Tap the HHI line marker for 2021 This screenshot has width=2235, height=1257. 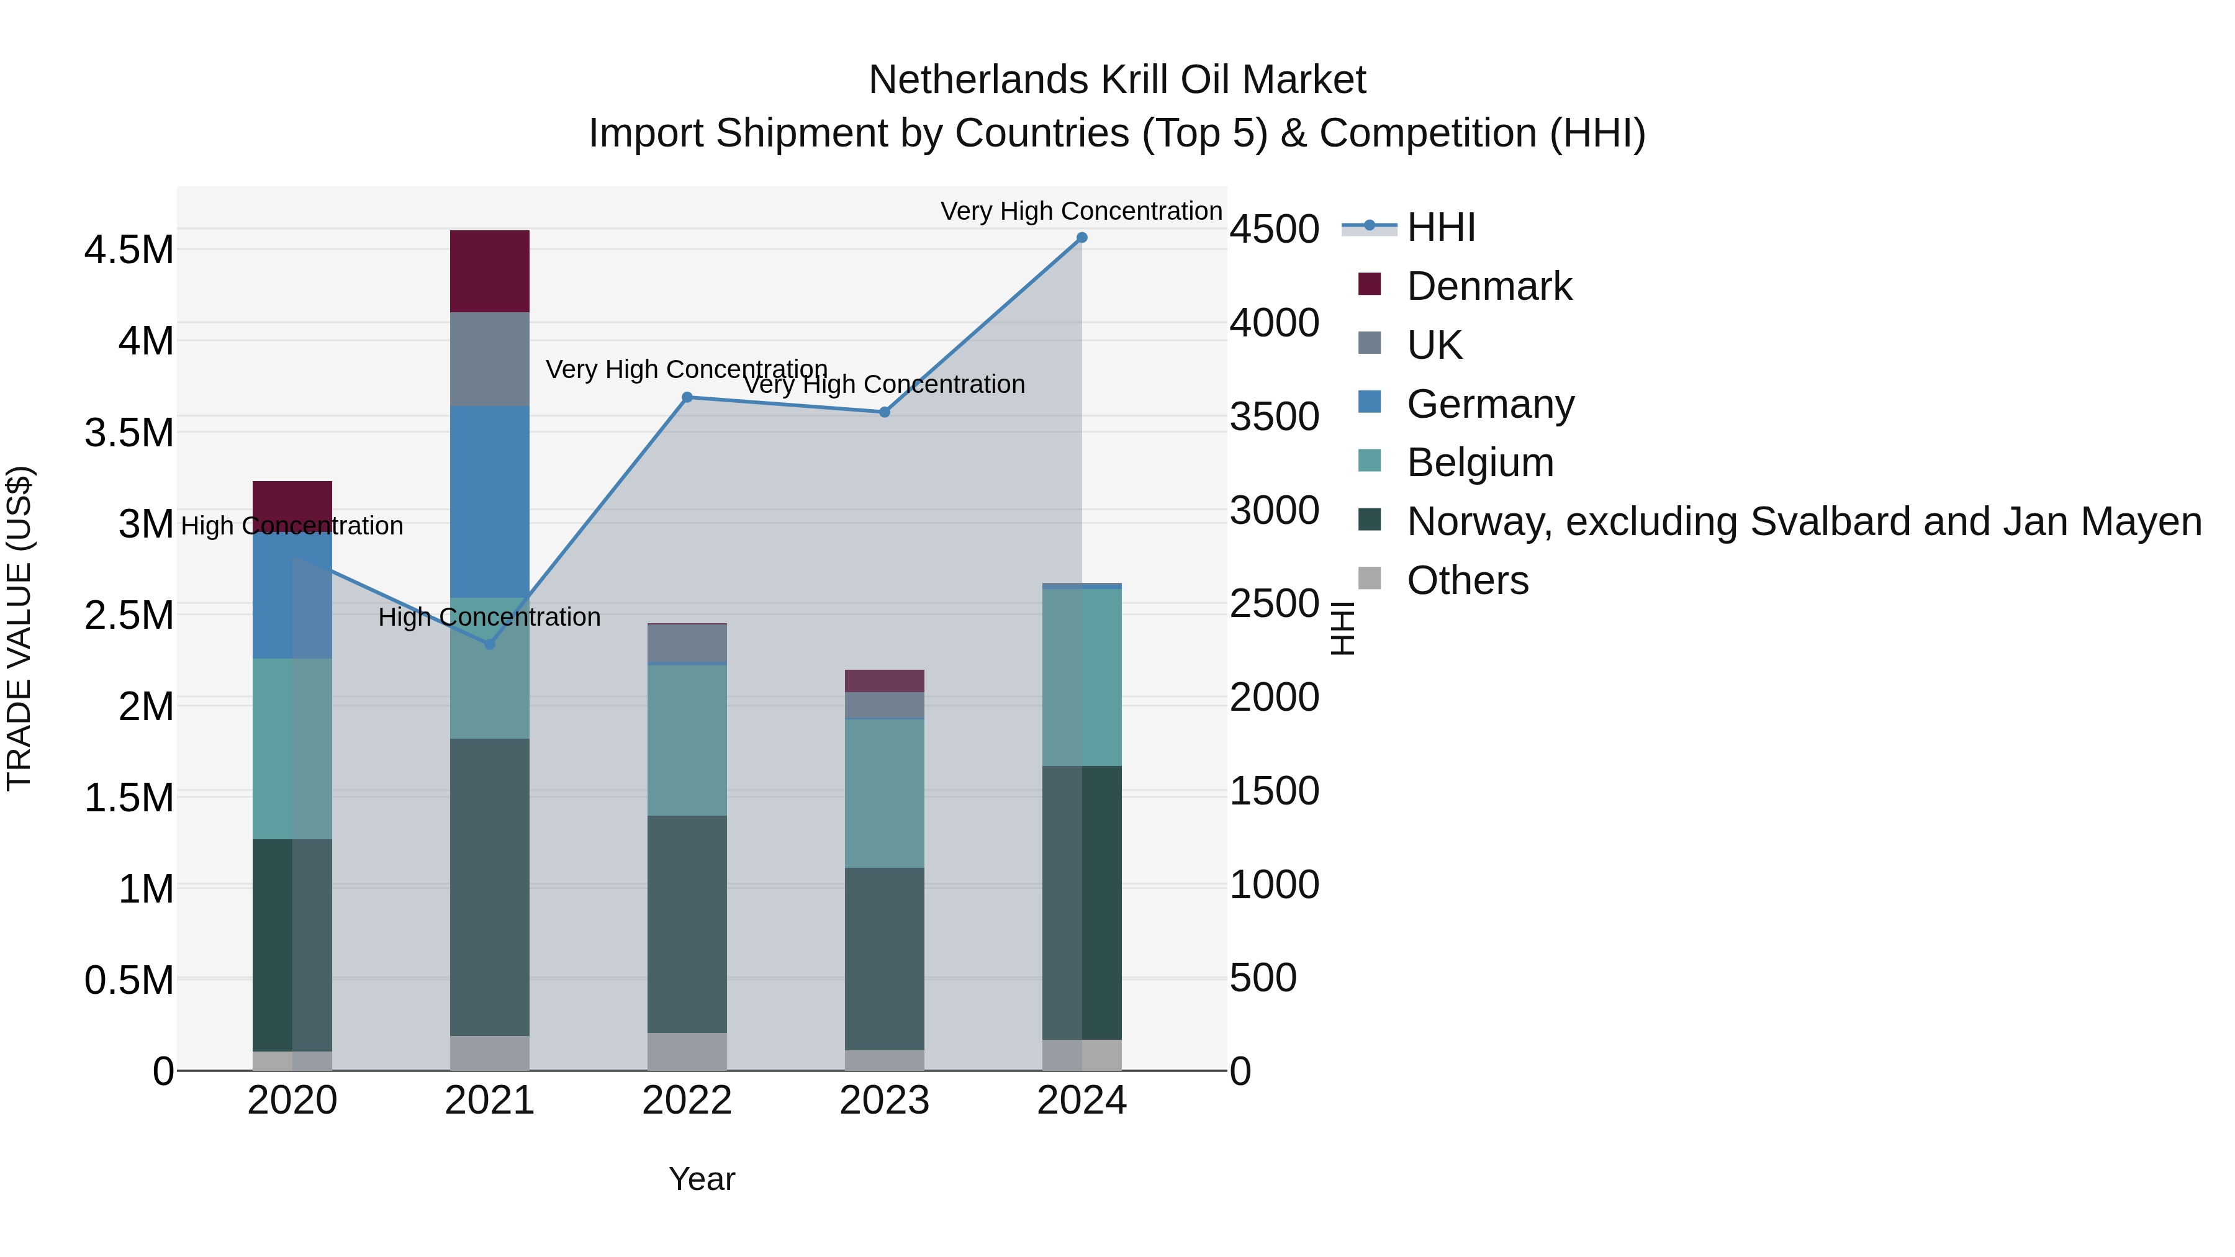[489, 644]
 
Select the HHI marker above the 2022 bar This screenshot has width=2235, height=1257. [687, 397]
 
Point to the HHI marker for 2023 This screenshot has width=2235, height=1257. [884, 412]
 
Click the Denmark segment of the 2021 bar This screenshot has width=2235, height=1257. [489, 271]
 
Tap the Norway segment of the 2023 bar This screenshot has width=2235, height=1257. [884, 958]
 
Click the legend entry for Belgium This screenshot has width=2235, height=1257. [1479, 462]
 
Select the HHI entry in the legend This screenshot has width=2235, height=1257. [1440, 227]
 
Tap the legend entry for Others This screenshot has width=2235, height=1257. [1466, 580]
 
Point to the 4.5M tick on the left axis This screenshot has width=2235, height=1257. [129, 250]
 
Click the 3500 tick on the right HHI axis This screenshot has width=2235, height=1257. [1274, 417]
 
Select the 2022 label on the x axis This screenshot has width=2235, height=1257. [687, 1101]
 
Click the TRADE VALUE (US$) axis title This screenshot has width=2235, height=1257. [20, 628]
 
